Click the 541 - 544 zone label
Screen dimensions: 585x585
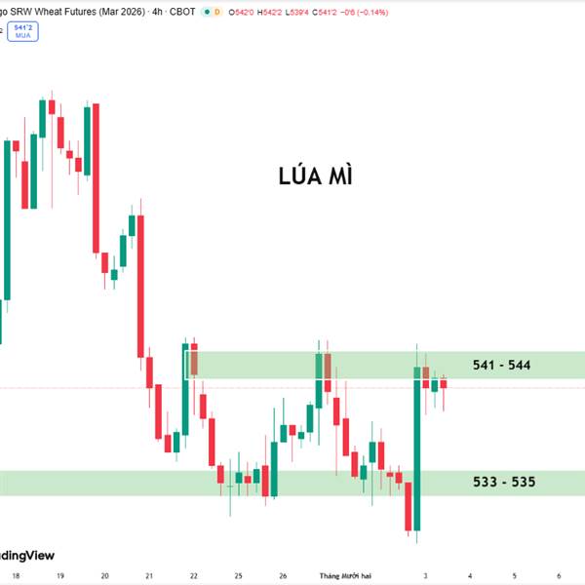(501, 366)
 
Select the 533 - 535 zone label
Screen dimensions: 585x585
(503, 482)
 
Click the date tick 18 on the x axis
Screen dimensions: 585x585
(17, 575)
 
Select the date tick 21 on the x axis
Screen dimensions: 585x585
(149, 575)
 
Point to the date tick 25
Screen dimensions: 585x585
(238, 575)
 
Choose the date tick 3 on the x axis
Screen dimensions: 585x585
(424, 575)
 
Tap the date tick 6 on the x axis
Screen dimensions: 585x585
(558, 575)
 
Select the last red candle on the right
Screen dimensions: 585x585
(444, 383)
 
